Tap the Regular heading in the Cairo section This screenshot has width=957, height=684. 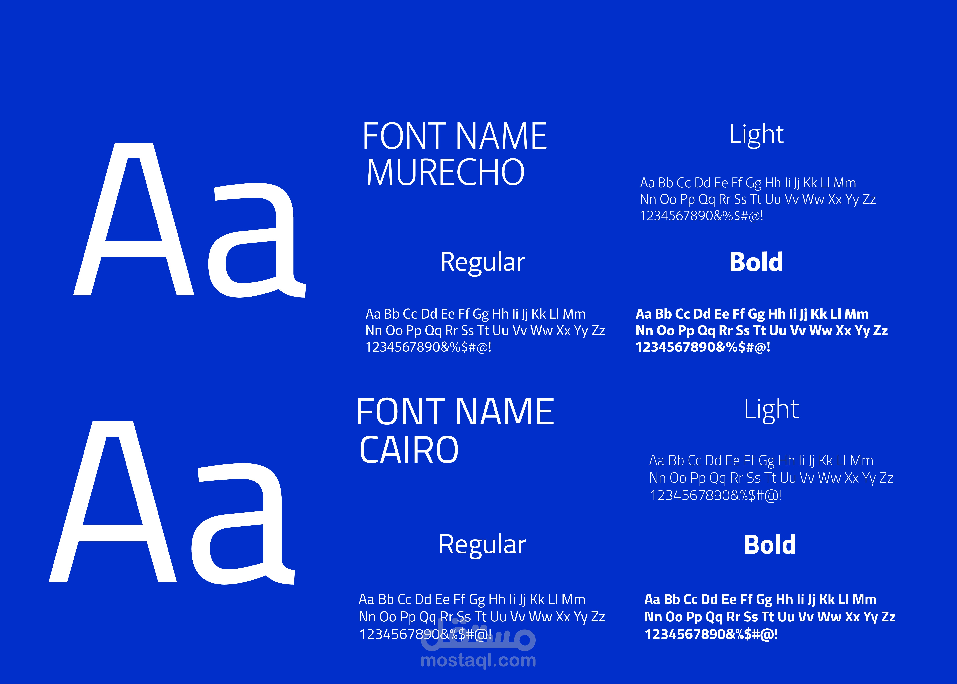[482, 545]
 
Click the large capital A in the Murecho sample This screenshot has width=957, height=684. [134, 219]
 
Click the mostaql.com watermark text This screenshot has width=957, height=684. [478, 660]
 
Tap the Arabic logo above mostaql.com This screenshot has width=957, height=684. [478, 633]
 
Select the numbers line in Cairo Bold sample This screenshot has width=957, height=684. [711, 634]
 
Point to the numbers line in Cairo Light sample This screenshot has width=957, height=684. [715, 495]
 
